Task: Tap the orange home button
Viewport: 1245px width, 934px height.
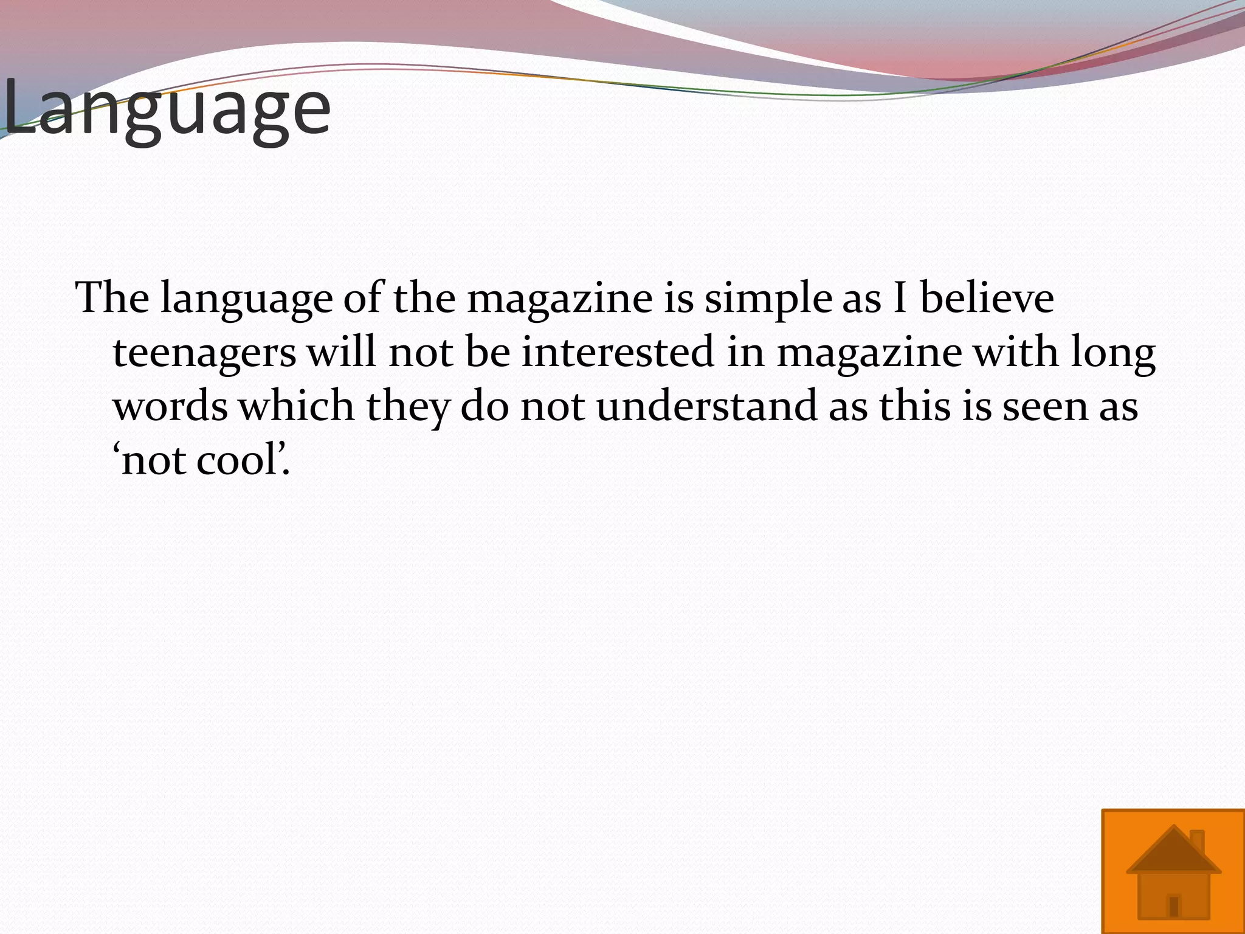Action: (x=1173, y=871)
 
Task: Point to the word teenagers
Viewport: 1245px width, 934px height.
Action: (x=205, y=353)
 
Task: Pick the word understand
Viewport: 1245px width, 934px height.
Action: (x=706, y=406)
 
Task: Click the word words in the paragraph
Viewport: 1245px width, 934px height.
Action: (x=170, y=406)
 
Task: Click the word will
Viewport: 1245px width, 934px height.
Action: (x=342, y=352)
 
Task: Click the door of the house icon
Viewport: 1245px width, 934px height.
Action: (x=1174, y=906)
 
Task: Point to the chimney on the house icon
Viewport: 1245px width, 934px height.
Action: (x=1196, y=842)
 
